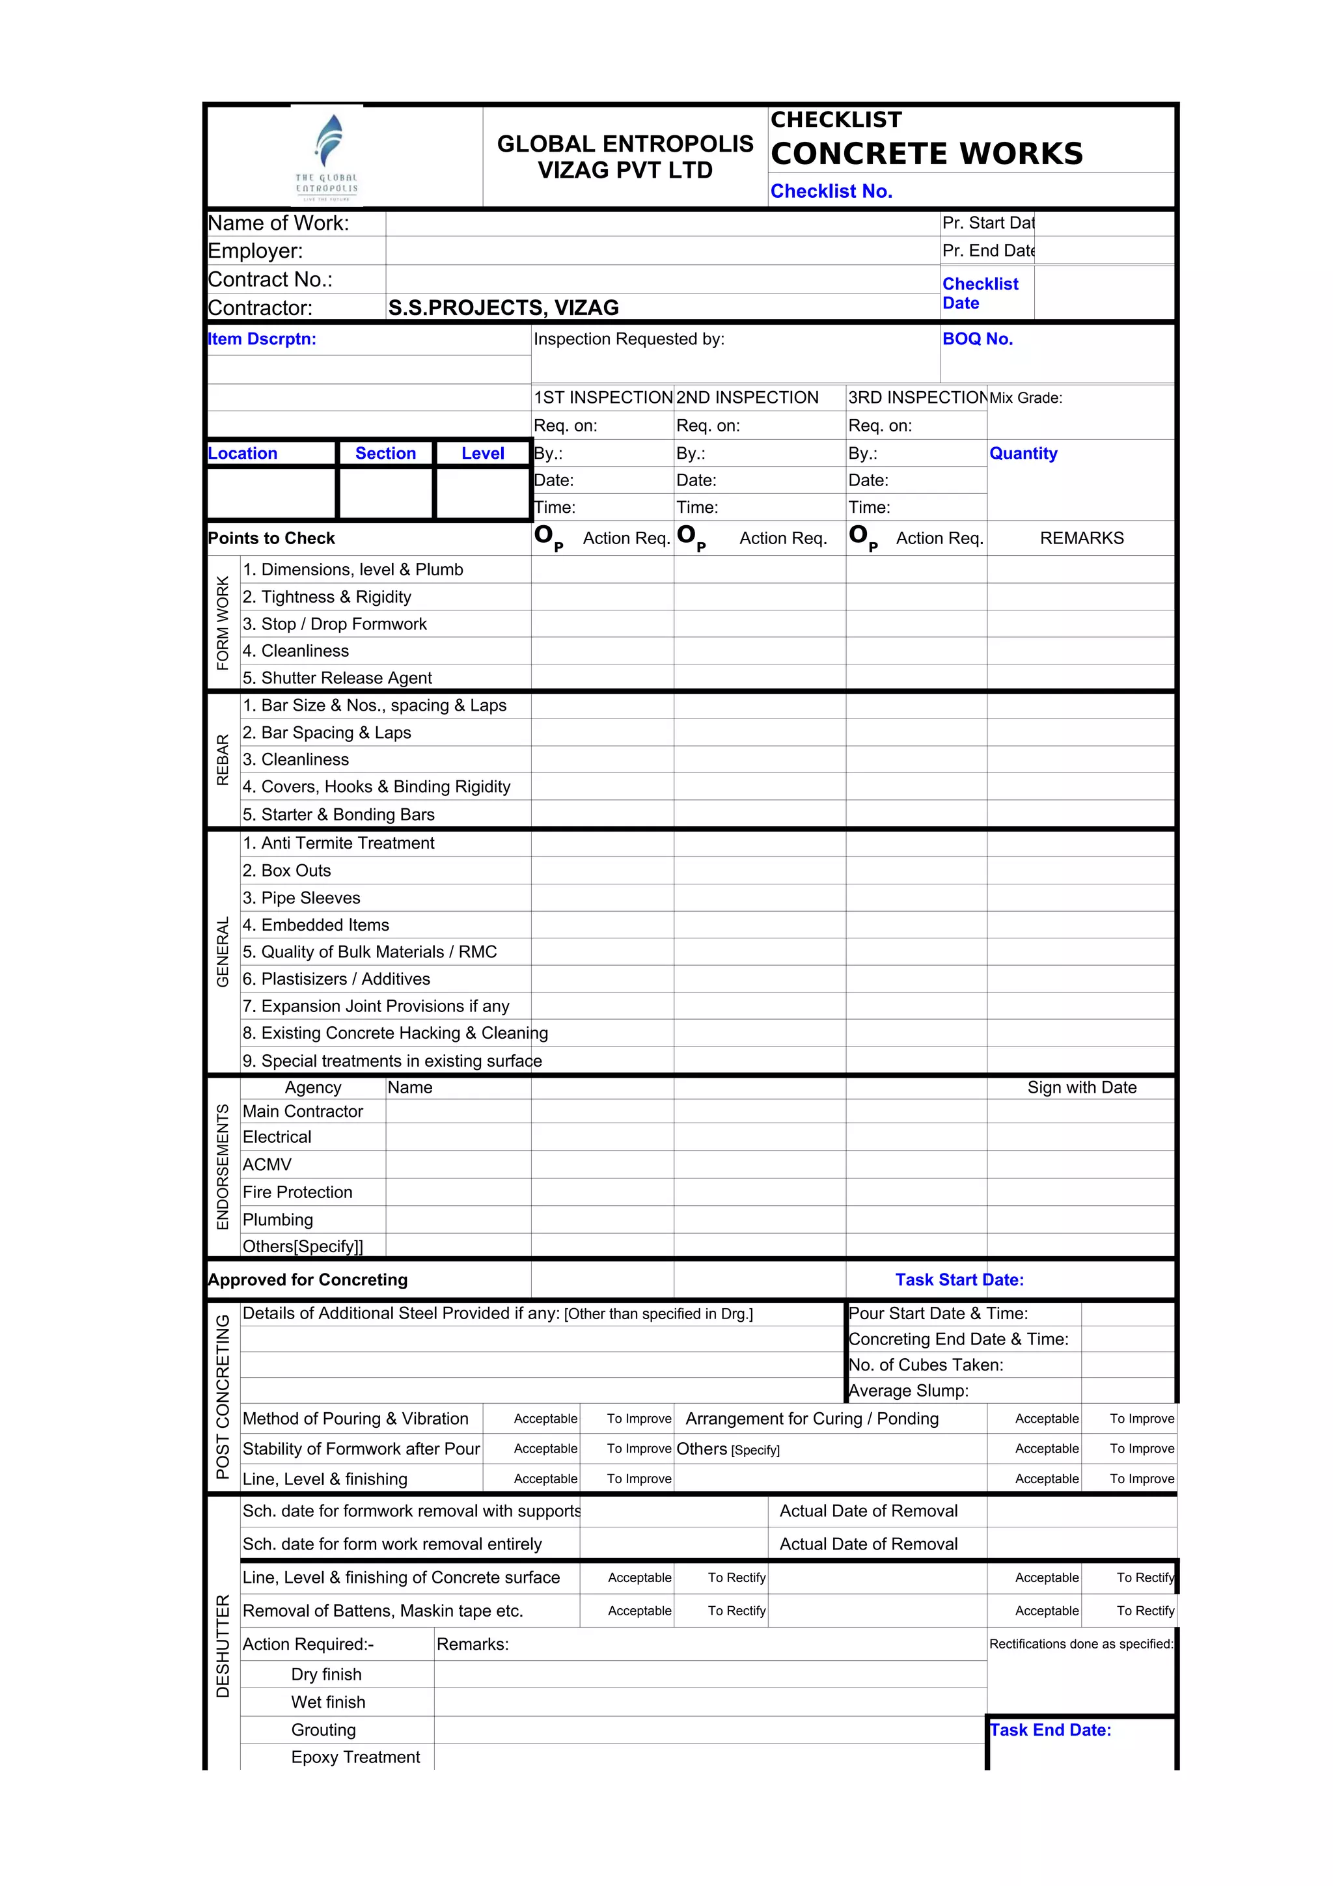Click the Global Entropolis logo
point(327,157)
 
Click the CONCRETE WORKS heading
point(926,154)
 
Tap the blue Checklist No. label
point(831,191)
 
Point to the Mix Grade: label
point(1025,398)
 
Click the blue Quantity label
point(1023,454)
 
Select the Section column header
point(385,454)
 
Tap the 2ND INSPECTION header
point(747,398)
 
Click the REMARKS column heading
point(1081,538)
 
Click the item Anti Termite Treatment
point(338,843)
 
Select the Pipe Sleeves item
point(301,898)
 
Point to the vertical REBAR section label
point(223,760)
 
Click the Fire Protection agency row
point(297,1192)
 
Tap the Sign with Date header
point(1081,1087)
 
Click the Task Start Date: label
point(959,1279)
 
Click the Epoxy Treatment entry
point(355,1757)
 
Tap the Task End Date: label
point(1050,1730)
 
